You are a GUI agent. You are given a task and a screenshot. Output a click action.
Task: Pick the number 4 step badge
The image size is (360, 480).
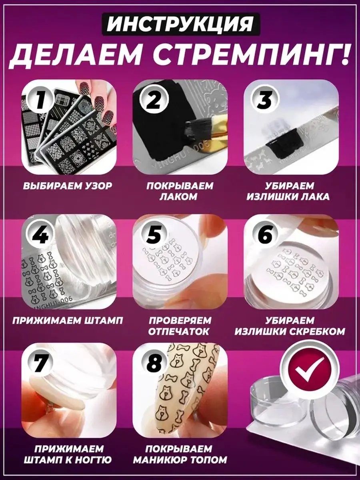coord(41,235)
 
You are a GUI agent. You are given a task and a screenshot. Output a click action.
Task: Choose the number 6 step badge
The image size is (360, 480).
coord(265,235)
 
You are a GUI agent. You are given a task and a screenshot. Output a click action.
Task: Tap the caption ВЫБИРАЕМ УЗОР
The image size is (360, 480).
coord(68,186)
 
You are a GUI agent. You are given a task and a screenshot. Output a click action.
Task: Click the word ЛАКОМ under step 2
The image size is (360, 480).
coord(178,197)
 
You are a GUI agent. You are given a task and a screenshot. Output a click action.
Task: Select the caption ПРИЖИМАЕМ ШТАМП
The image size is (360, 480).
coord(68,321)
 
